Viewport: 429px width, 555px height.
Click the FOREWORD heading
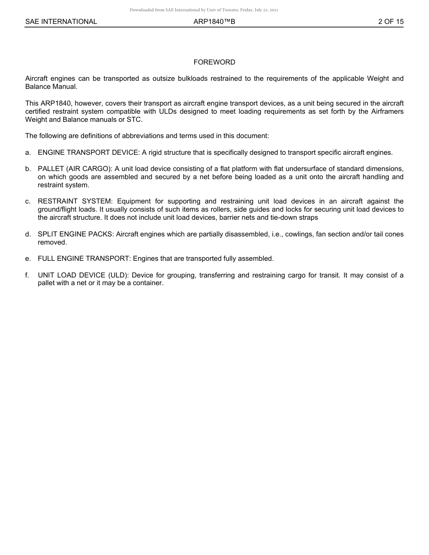tap(214, 62)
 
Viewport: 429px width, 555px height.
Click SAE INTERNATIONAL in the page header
tap(61, 22)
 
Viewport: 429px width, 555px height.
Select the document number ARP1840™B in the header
tap(214, 22)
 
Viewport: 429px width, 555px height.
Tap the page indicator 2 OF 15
tap(391, 22)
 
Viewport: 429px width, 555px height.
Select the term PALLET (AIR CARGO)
tap(75, 169)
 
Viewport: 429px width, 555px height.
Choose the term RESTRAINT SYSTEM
tap(75, 201)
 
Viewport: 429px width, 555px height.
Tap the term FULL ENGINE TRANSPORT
tap(84, 259)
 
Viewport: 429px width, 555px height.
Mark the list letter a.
tap(28, 153)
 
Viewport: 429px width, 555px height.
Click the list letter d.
tap(28, 234)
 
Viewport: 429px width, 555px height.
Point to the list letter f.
tap(28, 275)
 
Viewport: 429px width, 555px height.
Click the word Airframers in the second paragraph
tap(387, 111)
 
